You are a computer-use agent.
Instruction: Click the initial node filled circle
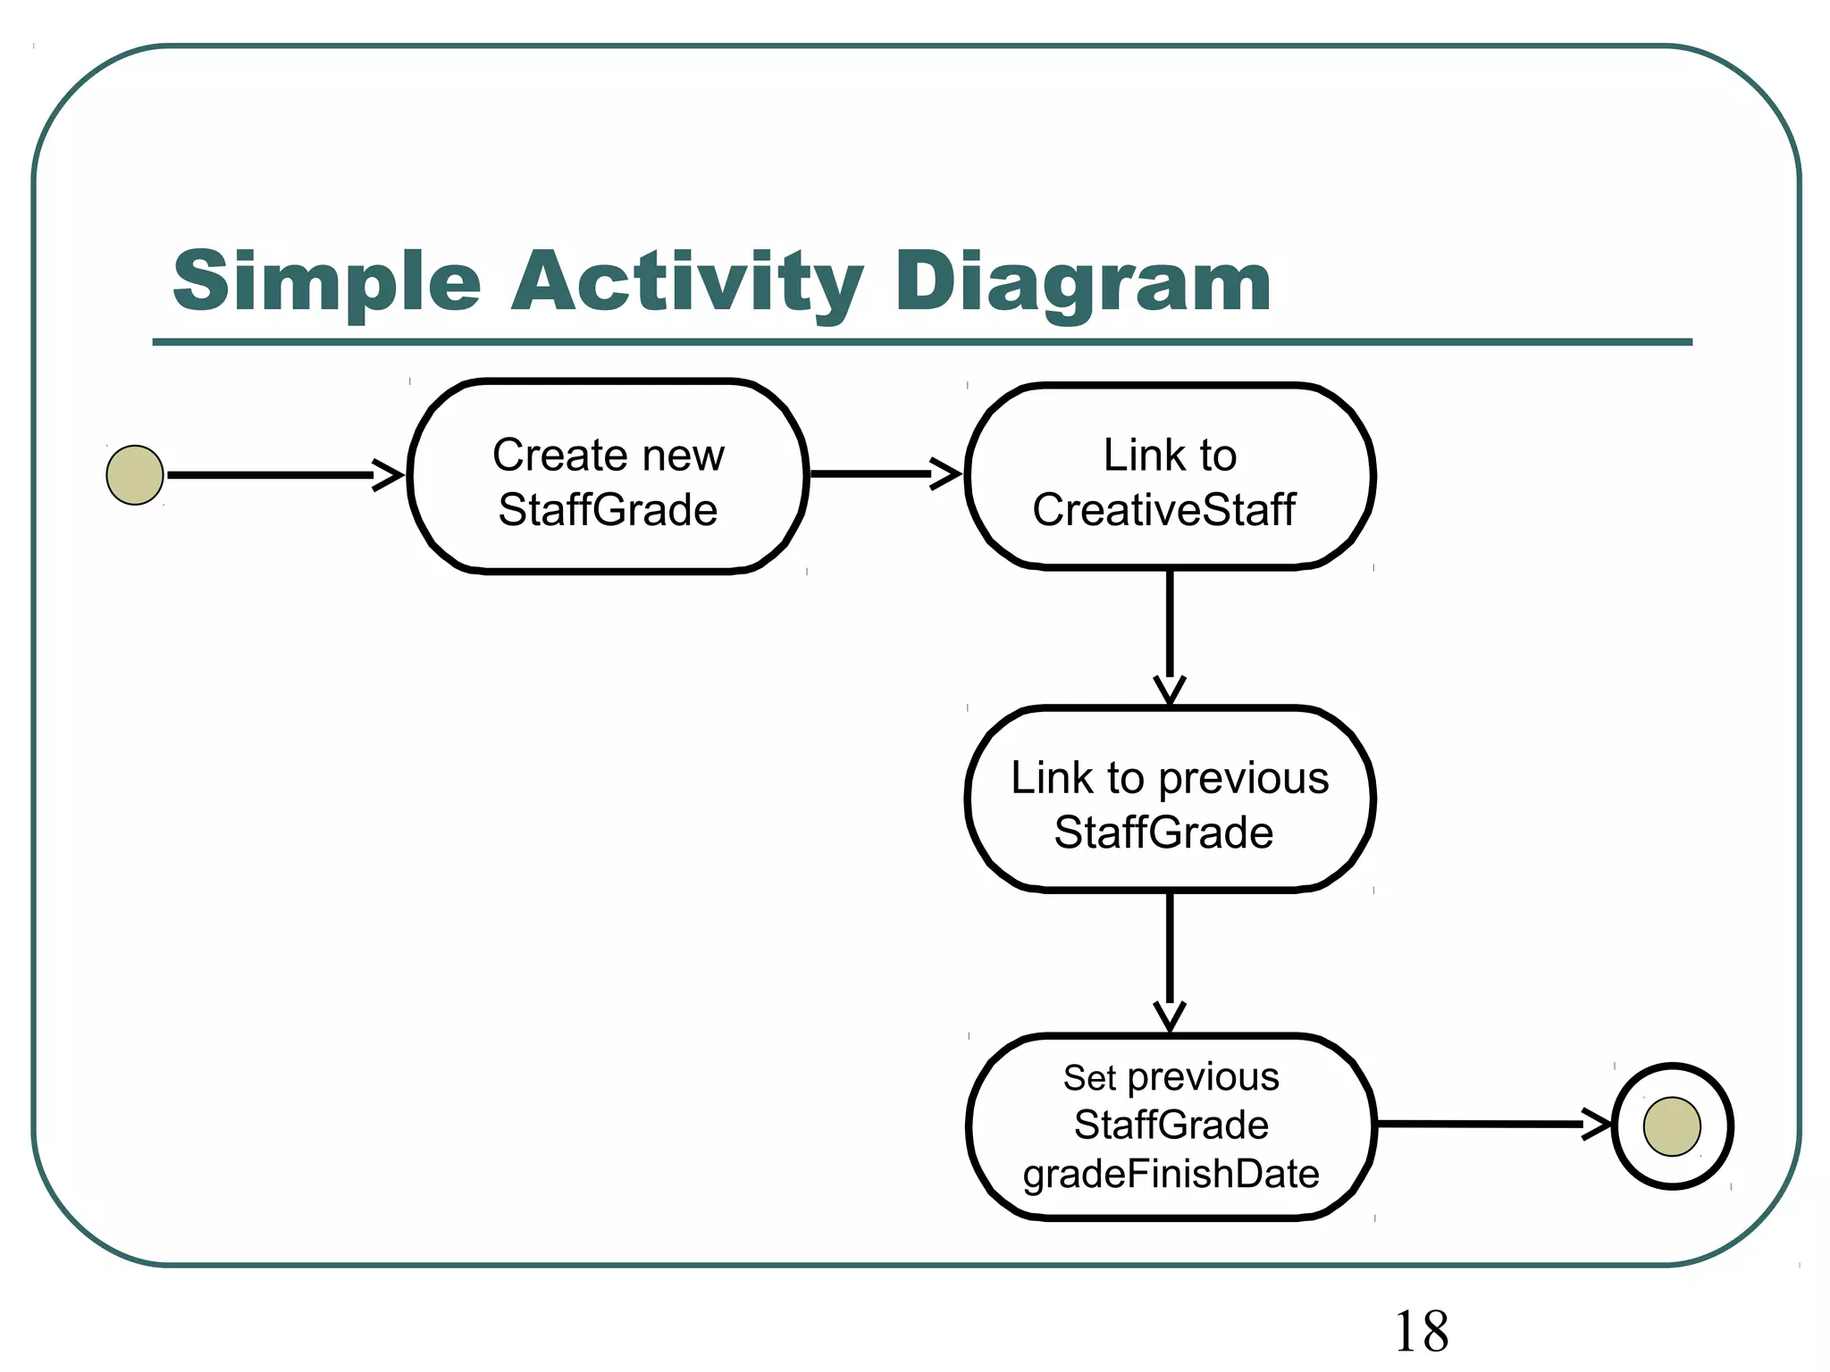[135, 475]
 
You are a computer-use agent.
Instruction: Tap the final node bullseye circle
[1672, 1126]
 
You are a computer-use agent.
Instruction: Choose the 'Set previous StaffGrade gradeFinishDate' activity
[1171, 1126]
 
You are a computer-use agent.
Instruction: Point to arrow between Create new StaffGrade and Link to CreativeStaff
[885, 474]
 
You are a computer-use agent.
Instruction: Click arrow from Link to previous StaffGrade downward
[1170, 960]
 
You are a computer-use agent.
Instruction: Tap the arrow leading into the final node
[1492, 1124]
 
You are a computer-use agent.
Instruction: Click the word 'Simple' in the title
[326, 281]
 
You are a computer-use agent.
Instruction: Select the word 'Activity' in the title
[686, 281]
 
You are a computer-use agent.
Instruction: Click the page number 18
[1421, 1332]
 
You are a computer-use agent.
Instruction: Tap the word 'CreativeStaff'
[1163, 510]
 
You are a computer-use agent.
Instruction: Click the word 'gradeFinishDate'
[1171, 1174]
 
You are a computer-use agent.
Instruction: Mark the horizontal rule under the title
[920, 342]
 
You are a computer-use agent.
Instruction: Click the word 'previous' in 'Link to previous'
[1243, 778]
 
